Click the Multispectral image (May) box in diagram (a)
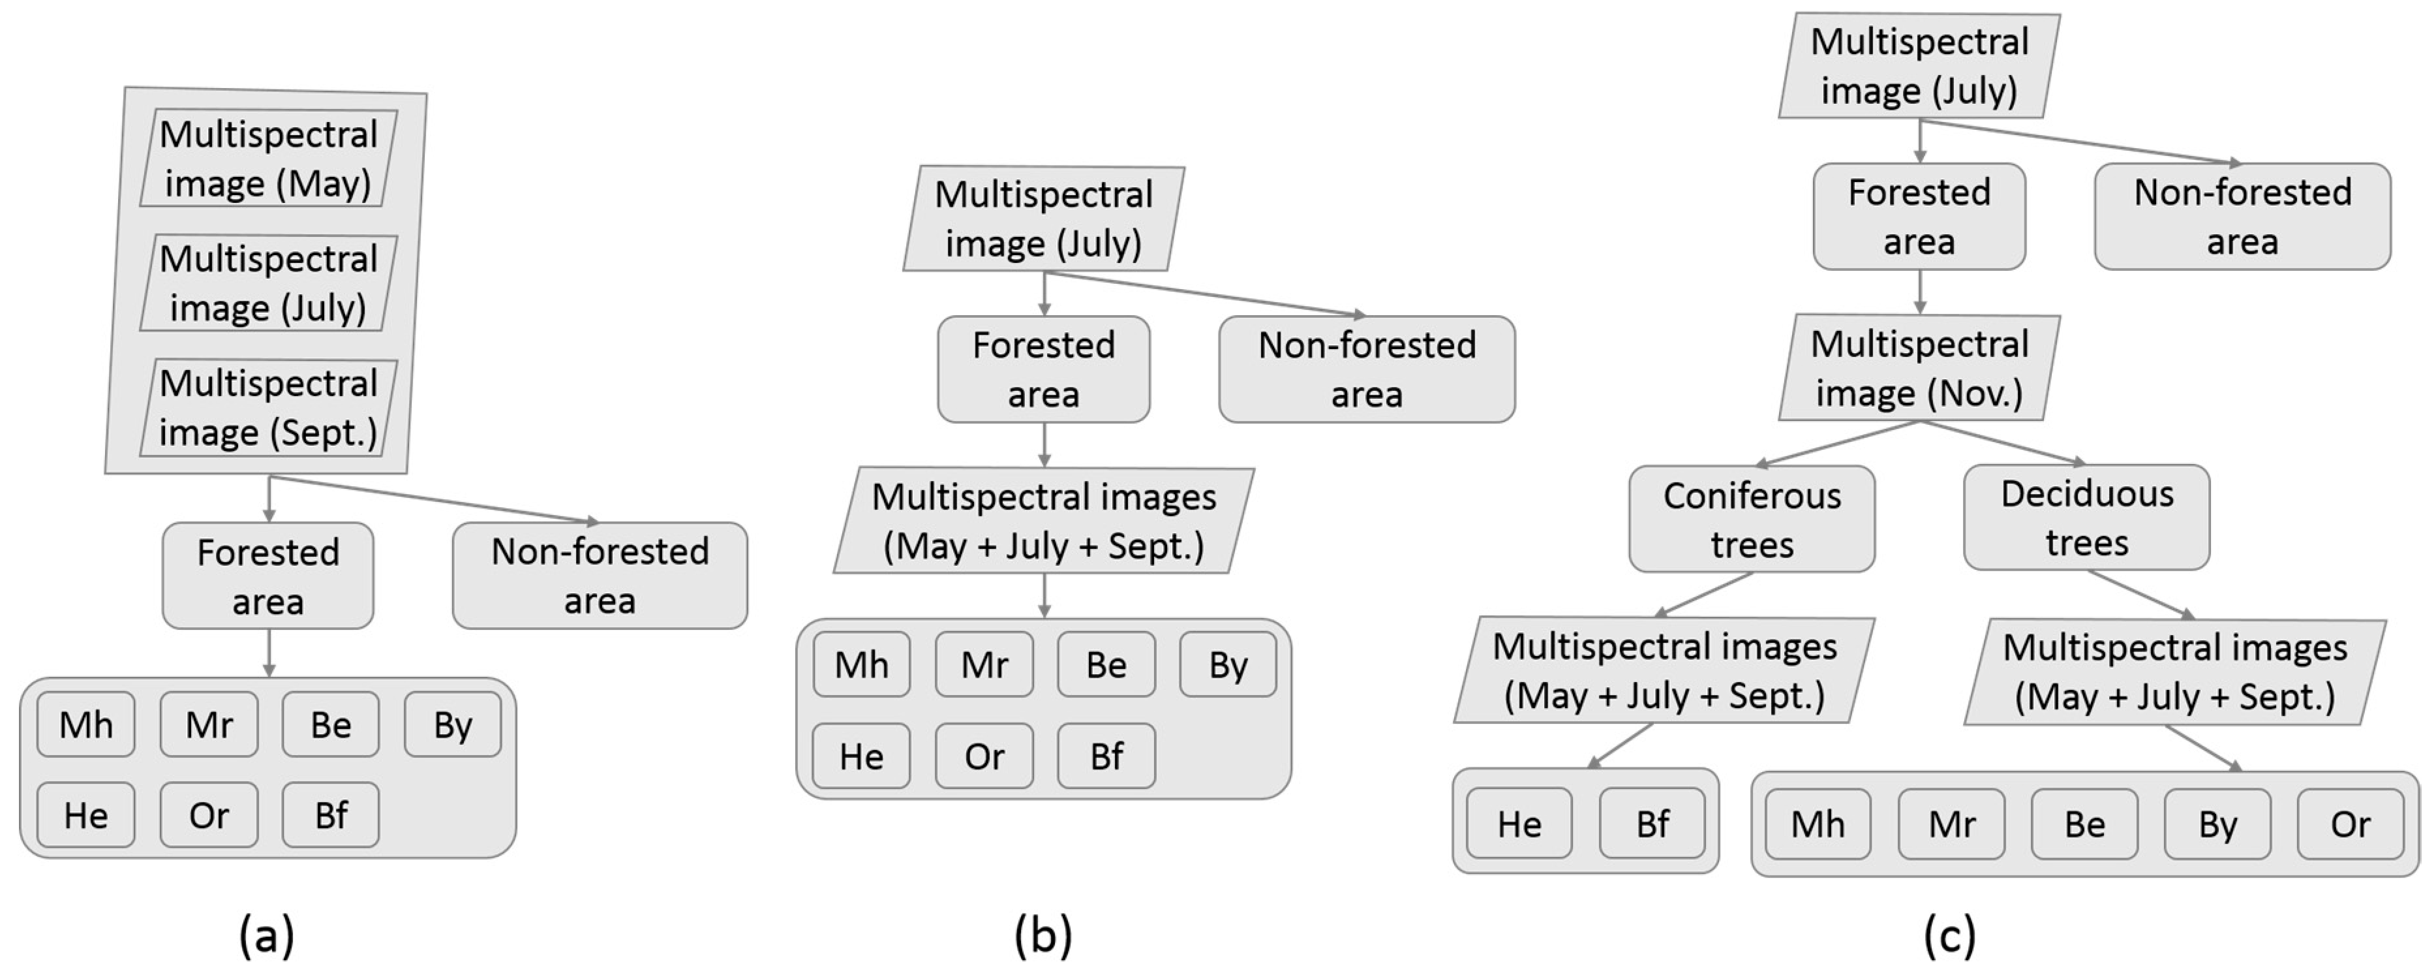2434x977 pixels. (268, 159)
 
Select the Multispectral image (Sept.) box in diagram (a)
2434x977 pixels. (268, 408)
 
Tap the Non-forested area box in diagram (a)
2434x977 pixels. (600, 576)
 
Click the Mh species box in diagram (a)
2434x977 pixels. (86, 724)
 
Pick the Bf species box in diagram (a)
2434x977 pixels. (331, 815)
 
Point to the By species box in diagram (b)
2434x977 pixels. (1228, 665)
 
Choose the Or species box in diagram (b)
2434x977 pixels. (984, 756)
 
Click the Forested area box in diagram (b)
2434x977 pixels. (1043, 369)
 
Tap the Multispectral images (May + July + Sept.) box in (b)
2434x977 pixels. (1043, 521)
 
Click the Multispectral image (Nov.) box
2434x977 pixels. (1919, 369)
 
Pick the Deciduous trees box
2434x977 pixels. (2086, 518)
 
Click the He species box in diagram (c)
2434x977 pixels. (1519, 824)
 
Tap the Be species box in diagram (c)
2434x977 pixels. (2084, 824)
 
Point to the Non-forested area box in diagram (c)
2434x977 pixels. (2242, 217)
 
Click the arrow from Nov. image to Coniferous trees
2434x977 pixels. (1837, 443)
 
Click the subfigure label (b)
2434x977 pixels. (1043, 935)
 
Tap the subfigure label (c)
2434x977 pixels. (1949, 935)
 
